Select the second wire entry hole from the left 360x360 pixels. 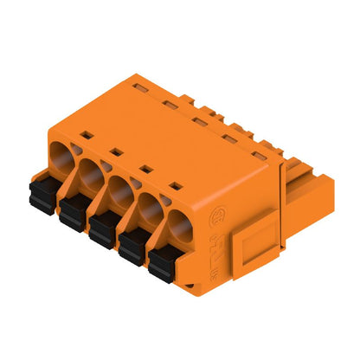tap(93, 173)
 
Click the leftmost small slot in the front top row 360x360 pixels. tap(87, 135)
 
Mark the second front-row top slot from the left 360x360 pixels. tap(117, 151)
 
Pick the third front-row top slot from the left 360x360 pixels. tap(146, 168)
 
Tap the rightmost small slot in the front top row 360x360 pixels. tap(178, 185)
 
